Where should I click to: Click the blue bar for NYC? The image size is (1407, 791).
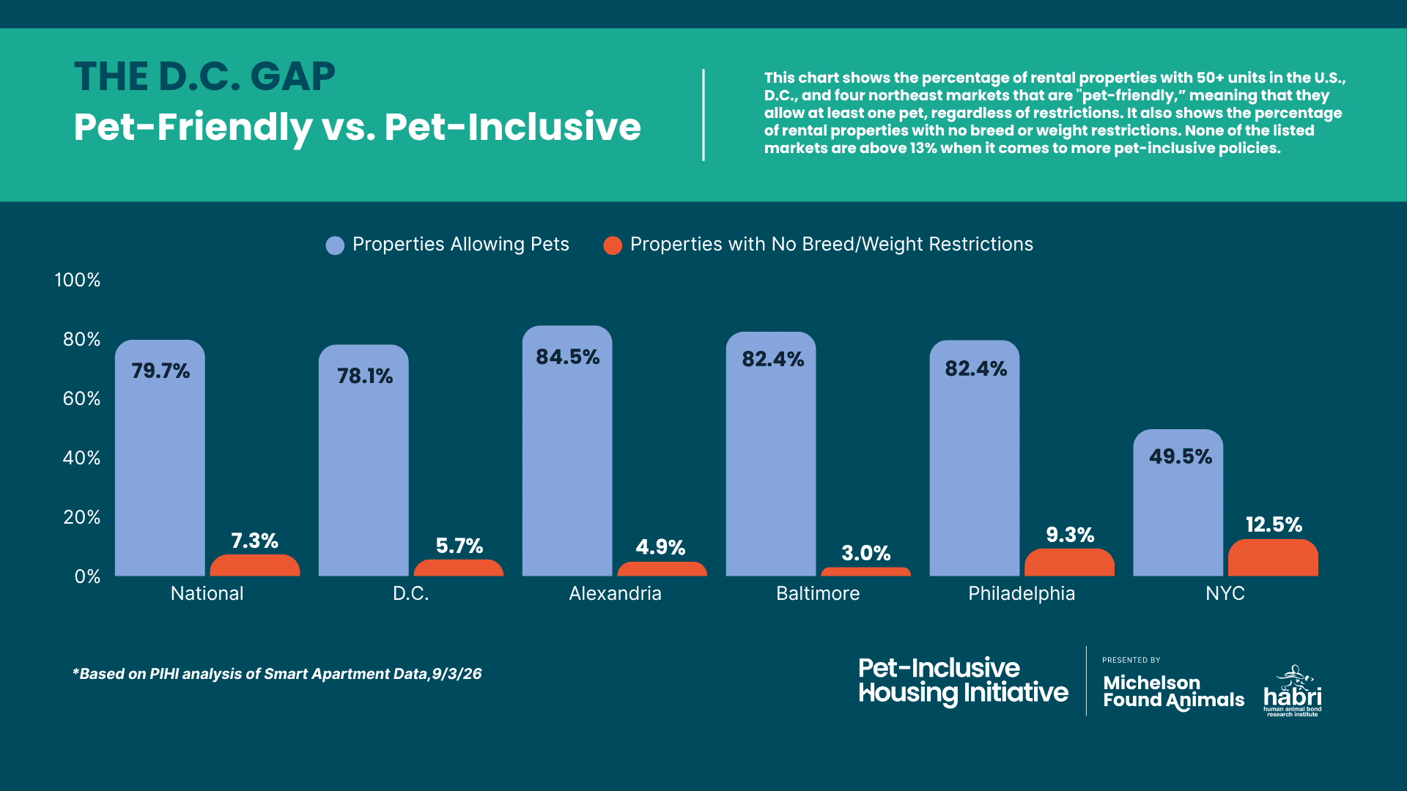pos(1178,502)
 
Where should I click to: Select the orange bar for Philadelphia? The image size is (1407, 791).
pos(1069,562)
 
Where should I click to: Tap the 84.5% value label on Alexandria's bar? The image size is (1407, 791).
pos(567,357)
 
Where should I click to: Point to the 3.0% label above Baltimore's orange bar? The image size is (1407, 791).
pos(865,553)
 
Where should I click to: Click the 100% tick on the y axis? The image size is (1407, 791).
pos(78,280)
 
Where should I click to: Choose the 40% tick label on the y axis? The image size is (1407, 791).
pos(81,458)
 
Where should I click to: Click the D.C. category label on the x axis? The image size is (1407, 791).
pos(410,593)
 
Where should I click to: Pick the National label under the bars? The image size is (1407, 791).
pos(207,593)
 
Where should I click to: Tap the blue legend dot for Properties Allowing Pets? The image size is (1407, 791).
pos(335,245)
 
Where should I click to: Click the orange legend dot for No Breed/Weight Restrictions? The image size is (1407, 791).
pos(613,245)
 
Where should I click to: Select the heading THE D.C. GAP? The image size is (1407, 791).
pos(204,77)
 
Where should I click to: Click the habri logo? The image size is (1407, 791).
pos(1293,691)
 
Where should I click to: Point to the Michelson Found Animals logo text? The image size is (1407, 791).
pos(1173,692)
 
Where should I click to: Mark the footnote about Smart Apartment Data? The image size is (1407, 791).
pos(277,674)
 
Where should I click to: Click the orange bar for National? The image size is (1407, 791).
pos(254,565)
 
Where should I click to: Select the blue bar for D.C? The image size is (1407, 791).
pos(363,460)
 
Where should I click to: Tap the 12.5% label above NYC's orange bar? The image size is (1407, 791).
pos(1274,524)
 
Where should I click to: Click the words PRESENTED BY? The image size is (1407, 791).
pos(1131,660)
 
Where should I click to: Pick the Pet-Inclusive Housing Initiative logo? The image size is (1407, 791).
pos(963,681)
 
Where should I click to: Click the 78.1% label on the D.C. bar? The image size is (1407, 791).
pos(364,376)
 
